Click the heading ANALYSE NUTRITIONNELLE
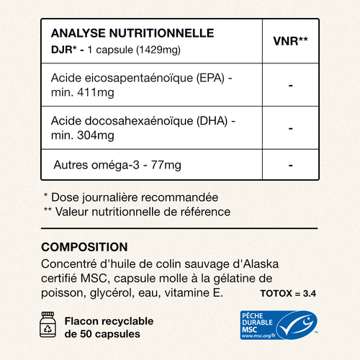[x=132, y=33]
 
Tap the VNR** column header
[x=291, y=40]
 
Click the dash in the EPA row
[x=290, y=86]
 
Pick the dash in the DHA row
[x=290, y=128]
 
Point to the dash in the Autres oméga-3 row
[x=290, y=165]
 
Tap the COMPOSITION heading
[x=84, y=246]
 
